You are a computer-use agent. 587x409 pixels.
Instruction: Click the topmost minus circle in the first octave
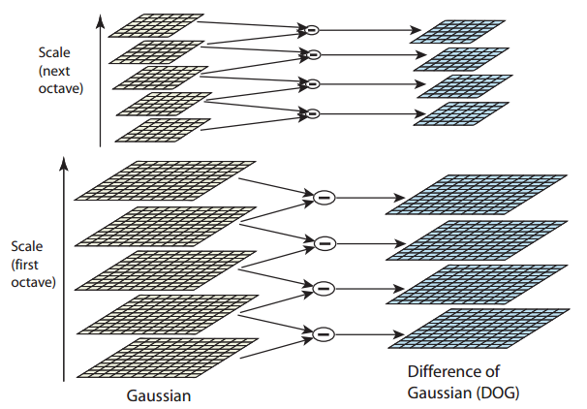(324, 197)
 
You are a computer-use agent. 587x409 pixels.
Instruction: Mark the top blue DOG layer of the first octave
(476, 195)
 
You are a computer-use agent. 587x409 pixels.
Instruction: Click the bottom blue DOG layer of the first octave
(476, 329)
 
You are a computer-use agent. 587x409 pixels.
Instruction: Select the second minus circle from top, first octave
(324, 241)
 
